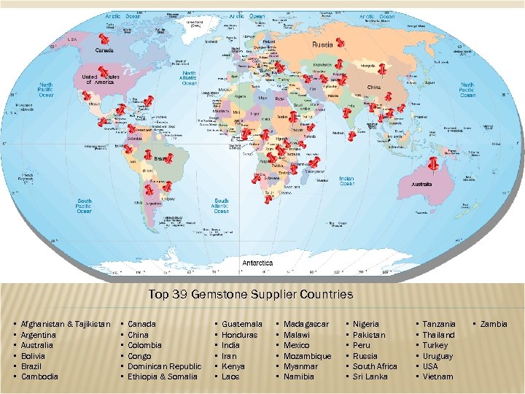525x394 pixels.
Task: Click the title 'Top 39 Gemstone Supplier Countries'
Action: point(251,295)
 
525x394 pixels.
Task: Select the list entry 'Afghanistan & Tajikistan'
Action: point(66,323)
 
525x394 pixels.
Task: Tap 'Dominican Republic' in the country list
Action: point(164,366)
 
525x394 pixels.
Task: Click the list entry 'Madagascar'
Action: point(306,323)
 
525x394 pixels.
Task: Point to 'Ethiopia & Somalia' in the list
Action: point(162,376)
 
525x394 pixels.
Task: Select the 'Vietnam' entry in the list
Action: point(437,376)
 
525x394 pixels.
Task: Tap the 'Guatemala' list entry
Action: point(242,323)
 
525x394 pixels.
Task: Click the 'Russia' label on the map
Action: point(323,45)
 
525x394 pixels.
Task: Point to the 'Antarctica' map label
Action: point(257,262)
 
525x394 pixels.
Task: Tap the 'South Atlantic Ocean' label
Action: point(221,206)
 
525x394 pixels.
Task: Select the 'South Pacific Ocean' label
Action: point(85,206)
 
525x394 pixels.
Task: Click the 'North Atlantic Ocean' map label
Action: point(189,79)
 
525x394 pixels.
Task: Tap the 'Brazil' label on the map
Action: point(162,158)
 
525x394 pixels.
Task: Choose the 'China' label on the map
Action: point(373,88)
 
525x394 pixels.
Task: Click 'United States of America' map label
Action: point(100,80)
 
